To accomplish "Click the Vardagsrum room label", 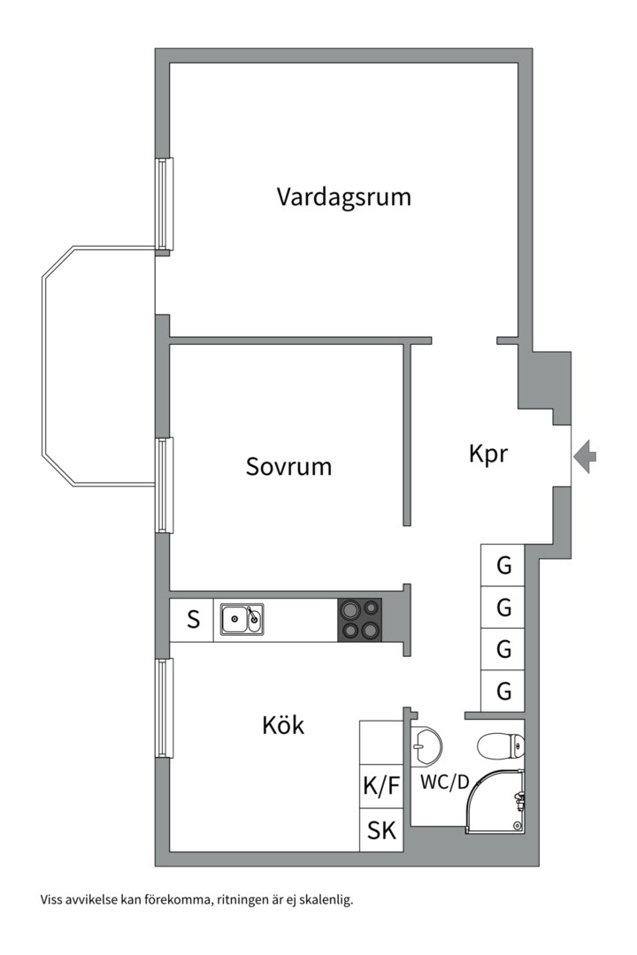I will pos(343,196).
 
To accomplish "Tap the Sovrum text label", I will pos(288,466).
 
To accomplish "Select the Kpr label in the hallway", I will pos(487,454).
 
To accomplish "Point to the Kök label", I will pos(283,726).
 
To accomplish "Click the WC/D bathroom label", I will pos(444,783).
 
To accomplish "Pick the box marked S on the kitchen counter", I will pos(193,620).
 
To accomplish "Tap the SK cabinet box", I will pos(381,832).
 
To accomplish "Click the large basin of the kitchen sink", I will pos(235,619).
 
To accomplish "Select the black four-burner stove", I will pos(360,620).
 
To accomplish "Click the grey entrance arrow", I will pos(585,456).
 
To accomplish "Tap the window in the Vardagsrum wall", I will pos(164,204).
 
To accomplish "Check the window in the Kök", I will pos(164,707).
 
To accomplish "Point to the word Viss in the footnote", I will pos(52,900).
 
